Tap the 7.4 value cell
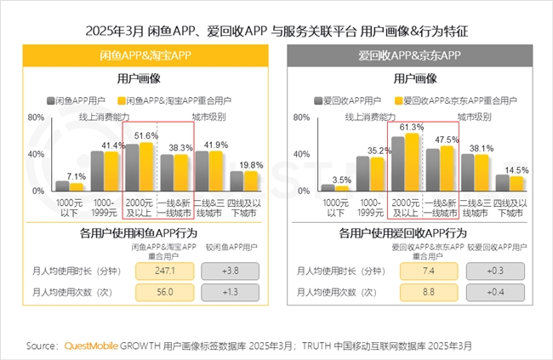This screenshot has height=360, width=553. coord(430,271)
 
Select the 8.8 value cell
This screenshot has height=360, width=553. coord(430,293)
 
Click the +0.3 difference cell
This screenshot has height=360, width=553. coord(497,271)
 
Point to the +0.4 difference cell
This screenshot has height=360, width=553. coord(497,293)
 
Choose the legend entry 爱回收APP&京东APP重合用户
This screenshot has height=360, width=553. coord(455,100)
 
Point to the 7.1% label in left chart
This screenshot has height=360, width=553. coord(77,175)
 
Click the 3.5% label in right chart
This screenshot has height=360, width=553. coord(341,180)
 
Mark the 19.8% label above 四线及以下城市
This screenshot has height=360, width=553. coord(251,164)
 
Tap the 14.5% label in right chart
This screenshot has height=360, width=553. coord(516,169)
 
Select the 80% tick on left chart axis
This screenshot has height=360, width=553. coord(36,117)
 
